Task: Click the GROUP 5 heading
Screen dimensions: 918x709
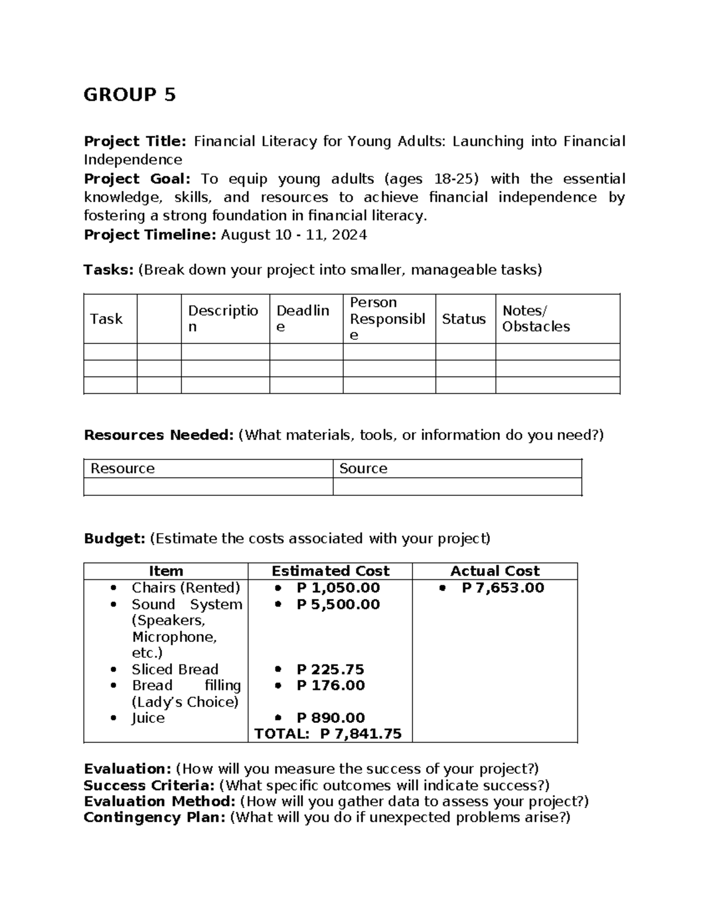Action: [129, 95]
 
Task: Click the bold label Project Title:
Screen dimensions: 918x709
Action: [135, 141]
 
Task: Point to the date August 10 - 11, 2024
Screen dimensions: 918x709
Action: [294, 235]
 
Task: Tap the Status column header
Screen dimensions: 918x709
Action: [464, 319]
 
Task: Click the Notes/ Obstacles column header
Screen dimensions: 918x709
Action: [536, 319]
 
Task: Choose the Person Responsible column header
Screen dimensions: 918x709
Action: [387, 319]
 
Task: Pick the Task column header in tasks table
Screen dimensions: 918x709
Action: [106, 319]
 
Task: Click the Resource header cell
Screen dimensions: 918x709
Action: [122, 468]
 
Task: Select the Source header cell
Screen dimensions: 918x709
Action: [363, 468]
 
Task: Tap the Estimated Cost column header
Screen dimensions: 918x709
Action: [330, 571]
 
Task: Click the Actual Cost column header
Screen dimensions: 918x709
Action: [495, 571]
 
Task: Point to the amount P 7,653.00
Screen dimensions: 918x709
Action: [503, 588]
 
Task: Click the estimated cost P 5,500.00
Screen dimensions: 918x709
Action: [338, 604]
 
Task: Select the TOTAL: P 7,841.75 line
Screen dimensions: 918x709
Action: [328, 734]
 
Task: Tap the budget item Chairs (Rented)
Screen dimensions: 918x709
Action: [186, 588]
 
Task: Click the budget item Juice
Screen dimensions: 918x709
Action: [148, 718]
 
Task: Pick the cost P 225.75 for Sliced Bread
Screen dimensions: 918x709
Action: [330, 669]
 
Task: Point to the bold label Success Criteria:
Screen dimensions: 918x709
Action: [149, 785]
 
